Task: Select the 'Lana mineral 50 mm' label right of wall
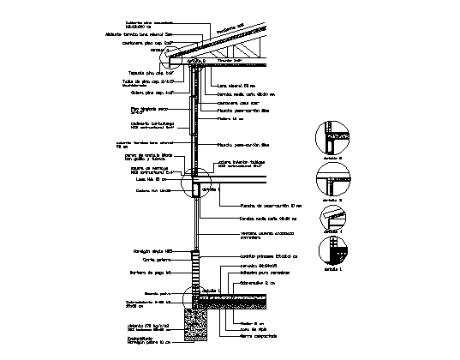click(236, 86)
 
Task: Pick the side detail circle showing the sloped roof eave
click(331, 219)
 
